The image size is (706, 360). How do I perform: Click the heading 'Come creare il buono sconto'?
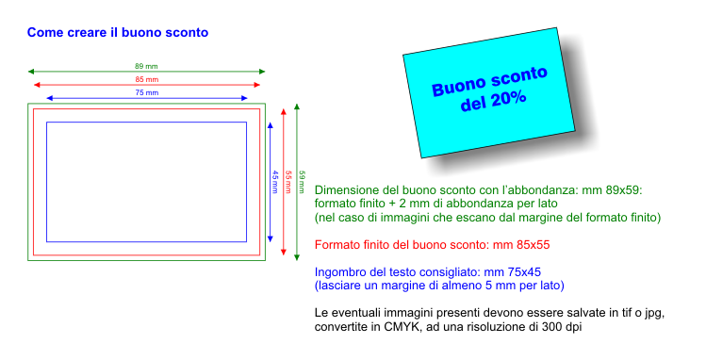(118, 33)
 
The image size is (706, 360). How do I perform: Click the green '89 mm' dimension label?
(146, 66)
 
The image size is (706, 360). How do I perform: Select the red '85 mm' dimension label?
(147, 80)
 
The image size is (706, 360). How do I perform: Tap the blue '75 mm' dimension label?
(147, 92)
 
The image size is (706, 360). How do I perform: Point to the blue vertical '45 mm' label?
(274, 182)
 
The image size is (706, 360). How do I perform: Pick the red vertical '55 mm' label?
(288, 182)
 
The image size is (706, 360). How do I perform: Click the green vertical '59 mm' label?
(302, 182)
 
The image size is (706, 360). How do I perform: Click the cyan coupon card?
(489, 92)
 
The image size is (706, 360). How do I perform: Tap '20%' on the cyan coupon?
(509, 99)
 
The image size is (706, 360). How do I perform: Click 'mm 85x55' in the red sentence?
(521, 245)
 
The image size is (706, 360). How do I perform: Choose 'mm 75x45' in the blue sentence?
(513, 272)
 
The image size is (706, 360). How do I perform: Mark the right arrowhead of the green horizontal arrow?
(262, 72)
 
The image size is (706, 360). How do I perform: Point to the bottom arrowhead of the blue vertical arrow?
(271, 239)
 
